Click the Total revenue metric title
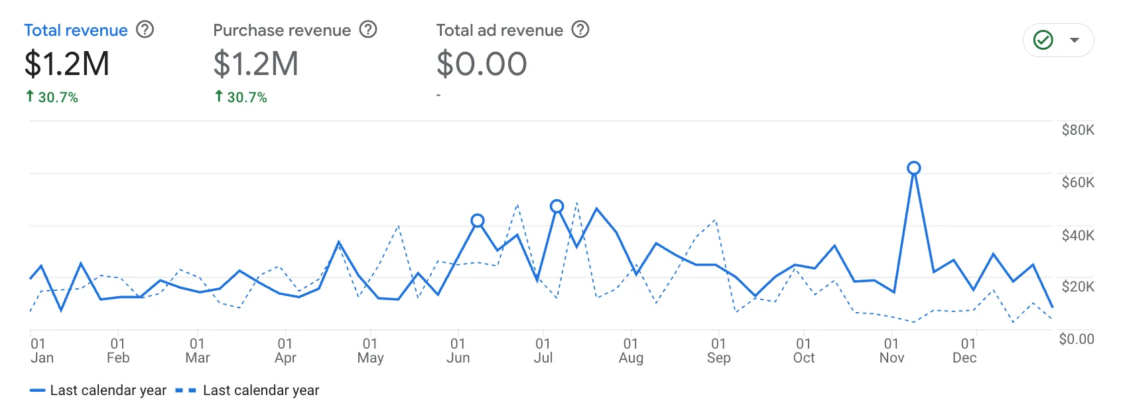(76, 31)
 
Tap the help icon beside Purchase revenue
(368, 30)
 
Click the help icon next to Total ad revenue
(580, 30)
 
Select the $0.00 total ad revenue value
(482, 64)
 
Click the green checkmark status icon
(1043, 41)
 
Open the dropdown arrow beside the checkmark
(1075, 41)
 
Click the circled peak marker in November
(914, 169)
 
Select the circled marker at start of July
(557, 206)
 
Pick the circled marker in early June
(478, 220)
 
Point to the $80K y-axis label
(1078, 130)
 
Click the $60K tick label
(1078, 183)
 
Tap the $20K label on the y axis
(1078, 287)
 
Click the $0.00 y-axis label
(1076, 339)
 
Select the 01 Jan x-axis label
(42, 351)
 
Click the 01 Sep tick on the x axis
(718, 351)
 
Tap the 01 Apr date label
(285, 351)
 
